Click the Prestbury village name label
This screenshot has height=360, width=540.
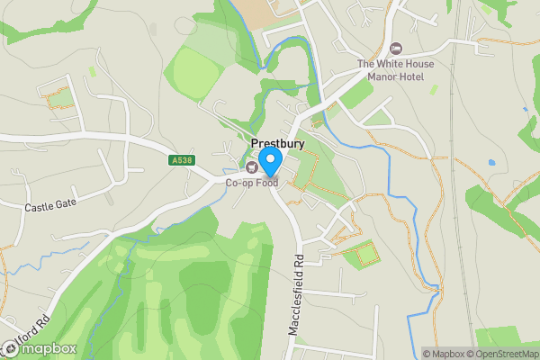tap(277, 144)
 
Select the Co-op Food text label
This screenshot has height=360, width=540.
tap(251, 183)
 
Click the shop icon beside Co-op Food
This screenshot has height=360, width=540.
tap(251, 166)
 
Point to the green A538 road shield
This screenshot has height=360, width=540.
tap(181, 160)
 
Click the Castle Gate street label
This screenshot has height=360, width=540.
tap(51, 205)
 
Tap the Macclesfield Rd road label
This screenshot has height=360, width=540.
tap(293, 294)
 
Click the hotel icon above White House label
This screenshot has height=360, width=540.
tap(397, 48)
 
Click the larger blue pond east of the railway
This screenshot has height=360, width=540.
tap(490, 163)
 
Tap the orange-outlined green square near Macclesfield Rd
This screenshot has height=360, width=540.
tap(363, 255)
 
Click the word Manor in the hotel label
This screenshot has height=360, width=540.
tap(383, 76)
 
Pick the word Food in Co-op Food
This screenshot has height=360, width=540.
tap(265, 183)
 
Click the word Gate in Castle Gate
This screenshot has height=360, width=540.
tap(67, 202)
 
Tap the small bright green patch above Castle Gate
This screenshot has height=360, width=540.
tap(93, 70)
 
